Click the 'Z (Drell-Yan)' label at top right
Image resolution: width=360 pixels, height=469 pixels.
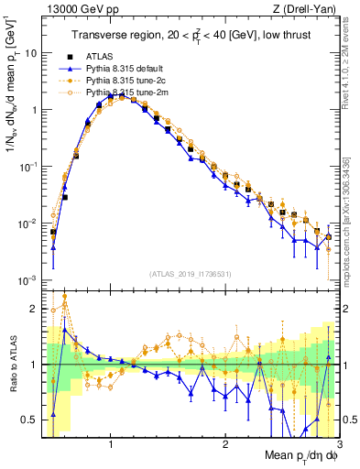(x=307, y=9)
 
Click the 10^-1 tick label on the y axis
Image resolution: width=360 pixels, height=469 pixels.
(x=27, y=167)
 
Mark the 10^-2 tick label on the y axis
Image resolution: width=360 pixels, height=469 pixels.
(x=27, y=224)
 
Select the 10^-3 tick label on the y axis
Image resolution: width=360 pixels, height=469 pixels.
(x=27, y=280)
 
